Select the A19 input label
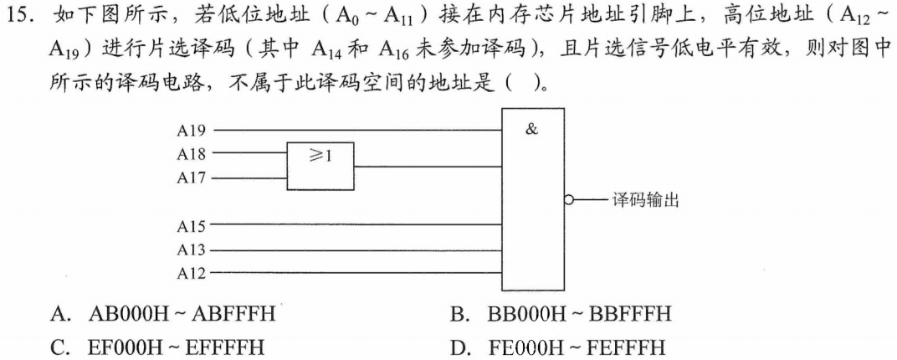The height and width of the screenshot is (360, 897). coord(191,131)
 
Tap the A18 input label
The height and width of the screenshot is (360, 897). coord(191,153)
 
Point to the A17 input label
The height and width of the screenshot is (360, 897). coord(191,177)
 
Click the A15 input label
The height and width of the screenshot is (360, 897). coord(191,225)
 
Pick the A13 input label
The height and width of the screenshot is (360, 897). coord(191,249)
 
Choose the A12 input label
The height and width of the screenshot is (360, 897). coord(191,272)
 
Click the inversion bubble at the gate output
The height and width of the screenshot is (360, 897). coord(570,201)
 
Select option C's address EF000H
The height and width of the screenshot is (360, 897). coord(126,346)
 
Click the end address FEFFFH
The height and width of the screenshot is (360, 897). coord(631,346)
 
